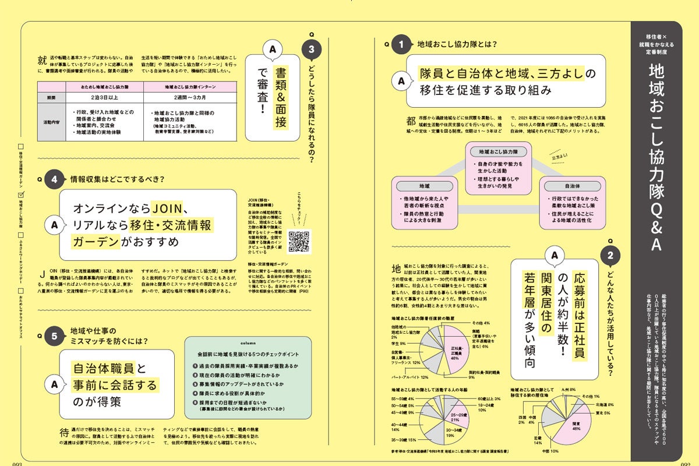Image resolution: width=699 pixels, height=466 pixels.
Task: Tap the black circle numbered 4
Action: [54, 180]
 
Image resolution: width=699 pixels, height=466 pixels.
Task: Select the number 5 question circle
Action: [54, 336]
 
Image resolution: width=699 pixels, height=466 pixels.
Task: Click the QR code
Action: [299, 241]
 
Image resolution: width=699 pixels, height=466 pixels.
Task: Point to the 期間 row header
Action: [53, 98]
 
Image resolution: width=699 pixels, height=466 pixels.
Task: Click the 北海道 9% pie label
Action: [599, 404]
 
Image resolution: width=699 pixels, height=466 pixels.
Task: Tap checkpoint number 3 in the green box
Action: [195, 385]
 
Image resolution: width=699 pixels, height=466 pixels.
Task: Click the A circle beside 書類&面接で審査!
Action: [272, 51]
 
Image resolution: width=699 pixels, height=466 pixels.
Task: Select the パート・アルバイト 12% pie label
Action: [412, 377]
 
